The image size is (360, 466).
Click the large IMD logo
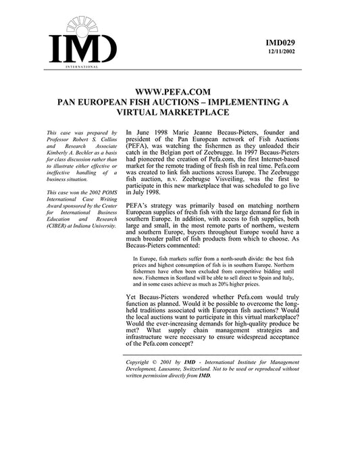click(82, 45)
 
